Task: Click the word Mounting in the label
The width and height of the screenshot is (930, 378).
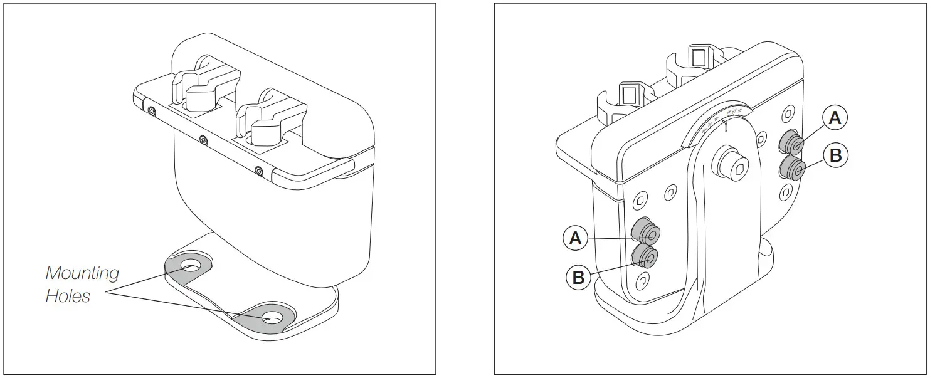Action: (82, 273)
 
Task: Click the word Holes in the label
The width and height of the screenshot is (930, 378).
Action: (68, 296)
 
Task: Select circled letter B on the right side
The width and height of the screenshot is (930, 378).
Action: (835, 155)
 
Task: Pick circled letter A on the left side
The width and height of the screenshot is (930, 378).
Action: (576, 238)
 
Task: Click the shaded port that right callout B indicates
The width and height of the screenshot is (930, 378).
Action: (793, 169)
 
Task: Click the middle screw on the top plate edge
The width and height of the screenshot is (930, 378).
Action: (203, 140)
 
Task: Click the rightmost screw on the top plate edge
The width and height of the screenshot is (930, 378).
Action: (258, 170)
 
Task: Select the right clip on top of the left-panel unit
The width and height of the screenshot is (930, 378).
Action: (266, 117)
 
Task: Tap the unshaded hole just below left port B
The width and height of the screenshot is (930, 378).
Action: (641, 280)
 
